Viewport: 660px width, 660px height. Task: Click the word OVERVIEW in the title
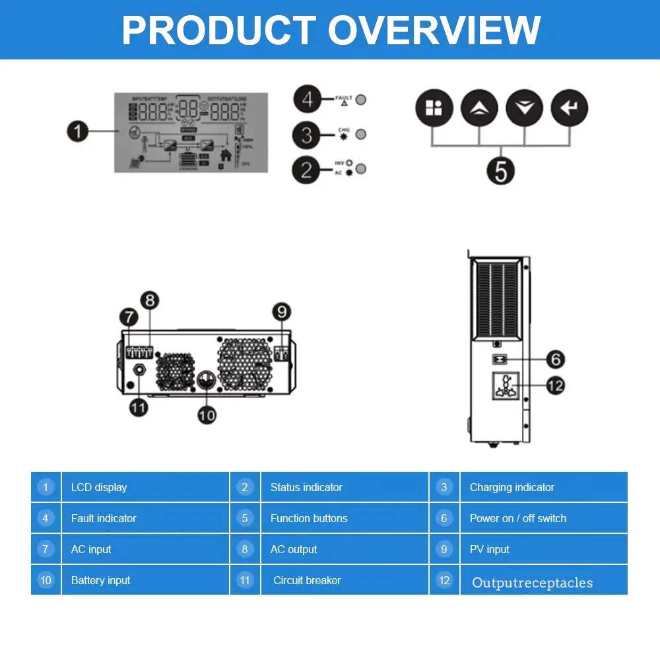tap(434, 30)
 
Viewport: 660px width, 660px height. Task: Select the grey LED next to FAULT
tap(361, 100)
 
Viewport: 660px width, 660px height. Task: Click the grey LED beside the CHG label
tap(361, 134)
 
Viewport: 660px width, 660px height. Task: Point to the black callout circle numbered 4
tap(306, 100)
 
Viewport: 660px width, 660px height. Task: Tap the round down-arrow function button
tap(524, 108)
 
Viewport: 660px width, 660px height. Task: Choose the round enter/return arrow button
tap(569, 108)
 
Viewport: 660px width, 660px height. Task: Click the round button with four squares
tap(434, 108)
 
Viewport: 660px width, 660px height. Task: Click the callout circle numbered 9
tap(282, 312)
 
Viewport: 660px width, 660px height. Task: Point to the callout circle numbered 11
tap(138, 407)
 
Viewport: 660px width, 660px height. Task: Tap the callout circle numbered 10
tap(207, 414)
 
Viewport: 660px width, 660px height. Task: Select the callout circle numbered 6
tap(556, 360)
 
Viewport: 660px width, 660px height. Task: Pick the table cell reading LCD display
tap(145, 487)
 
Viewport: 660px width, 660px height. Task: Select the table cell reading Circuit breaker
tap(345, 580)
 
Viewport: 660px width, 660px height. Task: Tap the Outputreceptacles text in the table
tap(533, 583)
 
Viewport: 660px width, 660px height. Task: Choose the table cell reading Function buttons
tap(345, 518)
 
